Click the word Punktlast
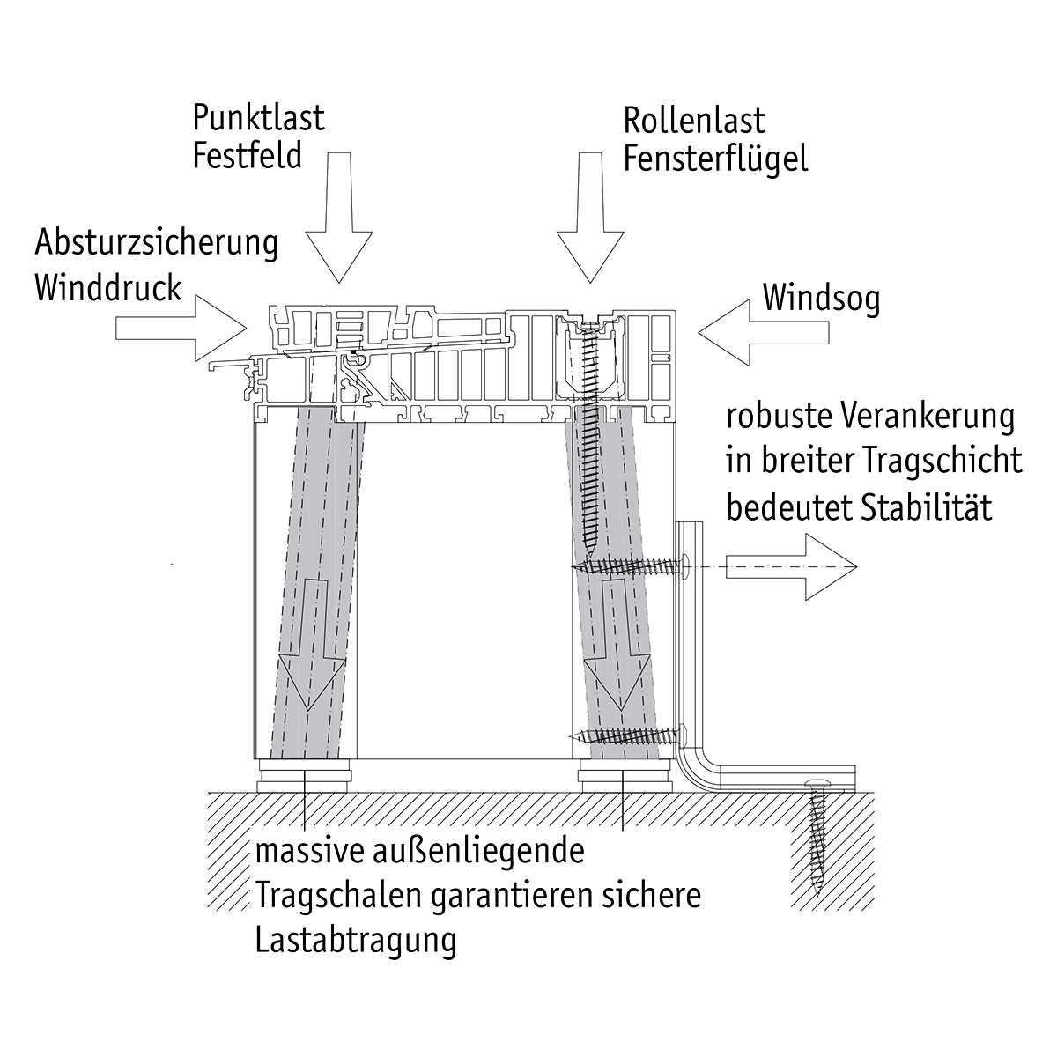pyautogui.click(x=258, y=117)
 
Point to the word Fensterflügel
pyautogui.click(x=715, y=159)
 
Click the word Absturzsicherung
pyautogui.click(x=156, y=242)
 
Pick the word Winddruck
pyautogui.click(x=107, y=287)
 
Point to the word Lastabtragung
pyautogui.click(x=356, y=940)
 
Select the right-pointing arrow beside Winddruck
pyautogui.click(x=181, y=327)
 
